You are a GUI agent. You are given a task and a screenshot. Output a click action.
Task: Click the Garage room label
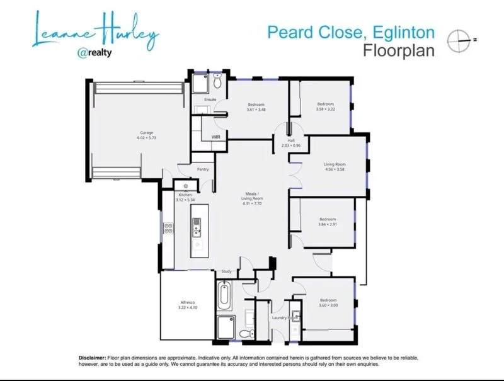[x=147, y=133]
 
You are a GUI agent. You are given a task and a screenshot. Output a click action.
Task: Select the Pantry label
[x=203, y=169]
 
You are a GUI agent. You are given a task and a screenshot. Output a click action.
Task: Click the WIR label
[x=215, y=137]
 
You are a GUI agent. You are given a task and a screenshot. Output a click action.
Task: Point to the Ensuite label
[x=210, y=100]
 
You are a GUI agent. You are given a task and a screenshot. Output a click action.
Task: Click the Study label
[x=227, y=271]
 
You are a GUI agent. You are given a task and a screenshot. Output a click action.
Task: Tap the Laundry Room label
[x=285, y=318]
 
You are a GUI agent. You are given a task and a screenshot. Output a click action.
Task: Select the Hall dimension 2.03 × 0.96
[x=291, y=145]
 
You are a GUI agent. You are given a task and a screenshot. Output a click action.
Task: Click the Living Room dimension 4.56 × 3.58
[x=335, y=169]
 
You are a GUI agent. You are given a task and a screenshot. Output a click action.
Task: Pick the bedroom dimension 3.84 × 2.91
[x=328, y=224]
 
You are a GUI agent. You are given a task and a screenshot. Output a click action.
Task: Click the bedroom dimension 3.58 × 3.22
[x=326, y=109]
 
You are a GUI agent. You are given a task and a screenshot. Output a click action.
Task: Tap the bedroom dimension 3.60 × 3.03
[x=328, y=305]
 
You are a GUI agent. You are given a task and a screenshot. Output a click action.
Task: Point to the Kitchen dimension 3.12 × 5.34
[x=185, y=200]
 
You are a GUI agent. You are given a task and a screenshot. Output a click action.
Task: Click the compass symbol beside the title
[x=459, y=40]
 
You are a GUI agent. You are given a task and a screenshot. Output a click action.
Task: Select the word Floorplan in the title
[x=399, y=50]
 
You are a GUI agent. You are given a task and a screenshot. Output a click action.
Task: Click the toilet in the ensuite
[x=217, y=81]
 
